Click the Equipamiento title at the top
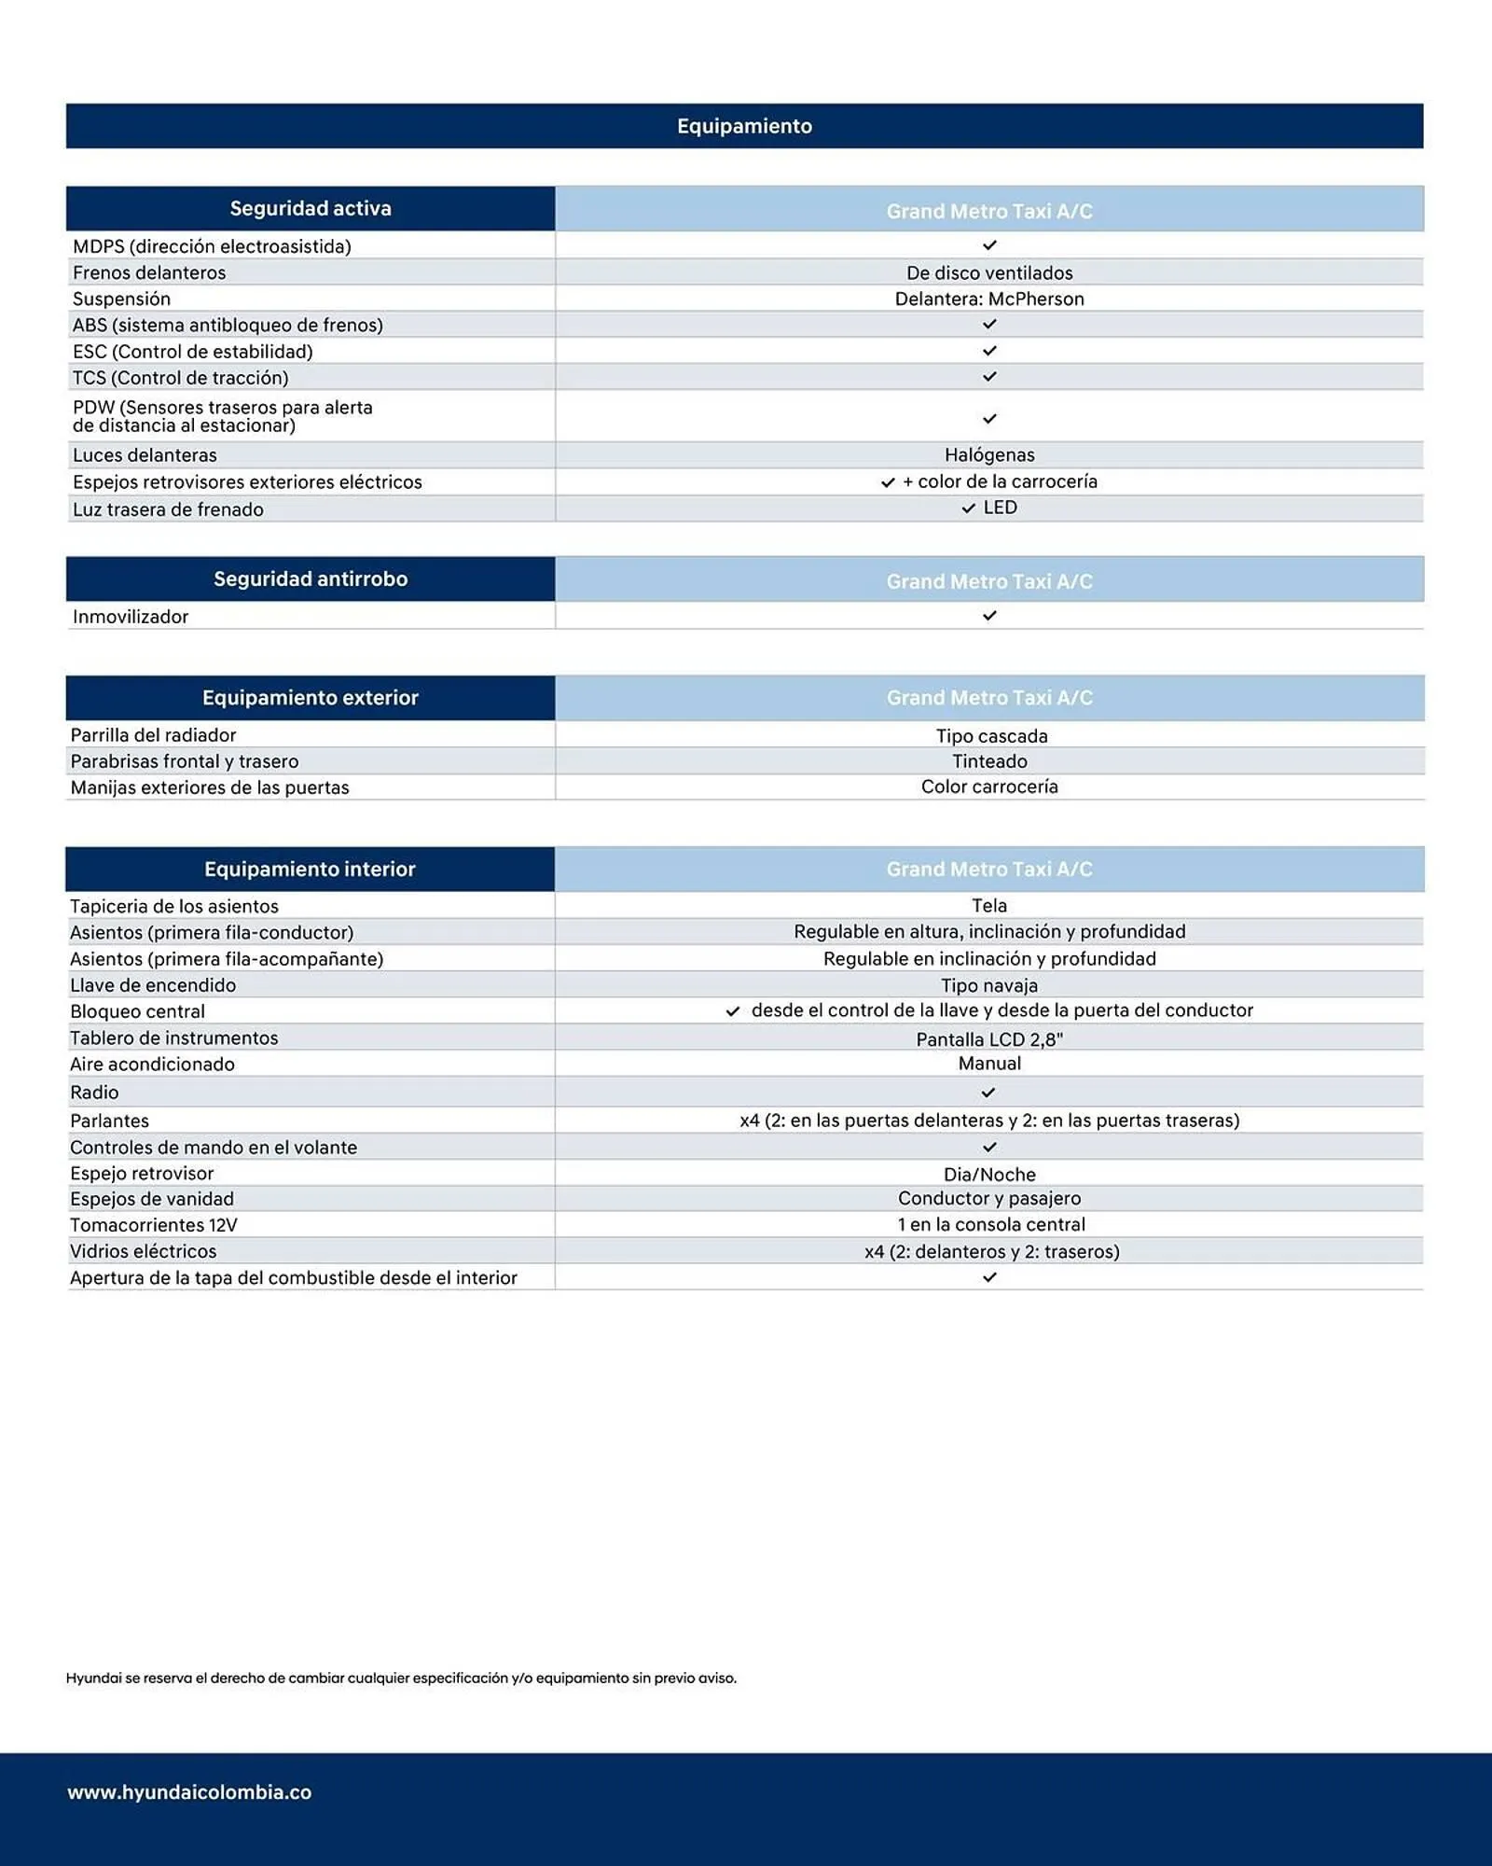744,126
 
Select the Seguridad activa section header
311,208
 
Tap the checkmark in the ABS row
989,325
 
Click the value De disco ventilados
989,272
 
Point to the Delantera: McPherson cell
989,299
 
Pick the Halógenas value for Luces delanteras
989,455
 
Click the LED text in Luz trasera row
1001,508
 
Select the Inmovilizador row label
131,617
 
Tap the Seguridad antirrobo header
311,578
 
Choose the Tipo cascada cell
991,736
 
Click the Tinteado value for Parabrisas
989,761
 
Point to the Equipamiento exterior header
311,698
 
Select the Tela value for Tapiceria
989,906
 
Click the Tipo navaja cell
989,985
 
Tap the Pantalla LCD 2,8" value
989,1039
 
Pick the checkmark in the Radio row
988,1093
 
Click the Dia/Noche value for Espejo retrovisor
989,1175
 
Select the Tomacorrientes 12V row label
154,1225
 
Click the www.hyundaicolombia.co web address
189,1792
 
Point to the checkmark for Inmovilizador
989,616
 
